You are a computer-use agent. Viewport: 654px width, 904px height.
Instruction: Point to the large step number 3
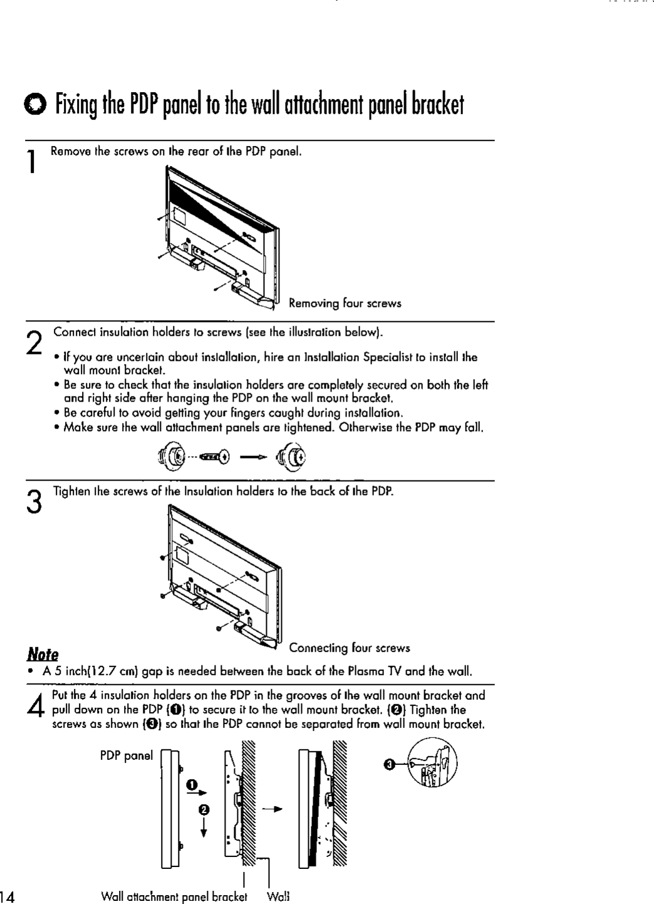coord(36,501)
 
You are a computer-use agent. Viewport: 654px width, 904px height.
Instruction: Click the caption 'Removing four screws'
coord(345,304)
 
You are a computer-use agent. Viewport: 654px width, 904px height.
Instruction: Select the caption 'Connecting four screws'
coord(350,648)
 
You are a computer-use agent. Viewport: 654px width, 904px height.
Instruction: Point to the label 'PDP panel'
coord(126,756)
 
